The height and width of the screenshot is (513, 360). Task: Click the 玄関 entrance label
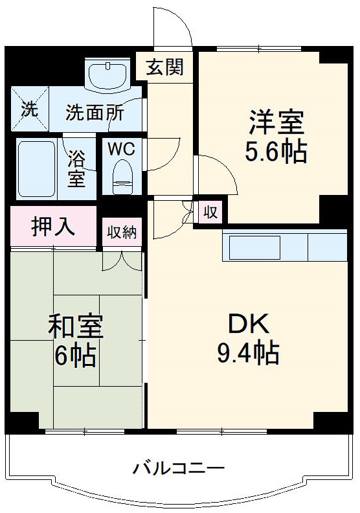(x=164, y=67)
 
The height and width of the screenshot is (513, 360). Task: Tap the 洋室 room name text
(x=276, y=122)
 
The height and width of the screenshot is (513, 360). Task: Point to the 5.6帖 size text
(x=276, y=152)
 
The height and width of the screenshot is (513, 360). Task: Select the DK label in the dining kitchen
(x=247, y=323)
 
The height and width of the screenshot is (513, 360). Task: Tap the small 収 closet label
(x=210, y=211)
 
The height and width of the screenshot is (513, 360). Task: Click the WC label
(x=121, y=149)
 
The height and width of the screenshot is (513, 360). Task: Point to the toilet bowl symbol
(x=122, y=175)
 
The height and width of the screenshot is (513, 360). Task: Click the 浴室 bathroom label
(x=76, y=168)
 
